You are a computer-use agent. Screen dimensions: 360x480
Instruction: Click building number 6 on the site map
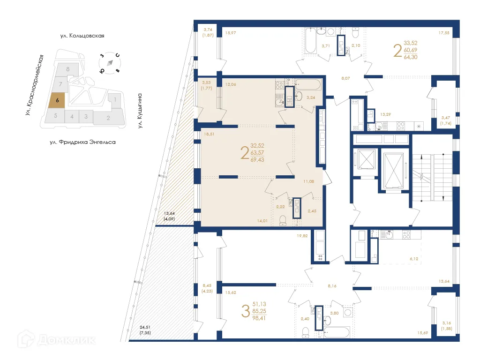pos(57,100)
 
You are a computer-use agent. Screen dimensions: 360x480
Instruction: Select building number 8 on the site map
pos(68,69)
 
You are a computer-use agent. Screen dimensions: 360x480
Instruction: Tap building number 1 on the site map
pos(115,99)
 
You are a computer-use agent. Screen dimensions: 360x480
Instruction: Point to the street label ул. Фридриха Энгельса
pos(82,141)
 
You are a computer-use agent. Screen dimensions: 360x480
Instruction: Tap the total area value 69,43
pos(258,160)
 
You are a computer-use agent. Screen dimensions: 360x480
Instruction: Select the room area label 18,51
pos(209,134)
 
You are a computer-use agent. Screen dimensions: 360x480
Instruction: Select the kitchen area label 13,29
pos(385,114)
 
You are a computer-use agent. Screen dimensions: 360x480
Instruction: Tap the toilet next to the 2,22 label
pos(283,221)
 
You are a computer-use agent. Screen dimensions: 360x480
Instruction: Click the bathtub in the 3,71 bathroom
pos(310,41)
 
